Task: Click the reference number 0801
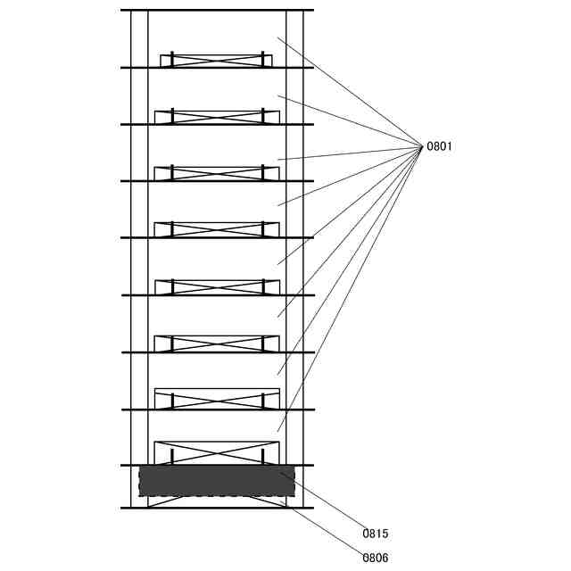(x=439, y=146)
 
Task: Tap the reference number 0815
(x=376, y=534)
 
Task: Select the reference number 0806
(x=376, y=558)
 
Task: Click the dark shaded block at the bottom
(x=217, y=480)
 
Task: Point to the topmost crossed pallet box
(x=216, y=60)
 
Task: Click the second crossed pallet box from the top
(x=217, y=117)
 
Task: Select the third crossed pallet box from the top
(x=217, y=173)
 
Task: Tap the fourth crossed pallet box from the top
(x=217, y=230)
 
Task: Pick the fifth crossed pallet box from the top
(x=217, y=287)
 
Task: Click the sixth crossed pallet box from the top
(x=217, y=343)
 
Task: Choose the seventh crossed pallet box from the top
(x=217, y=399)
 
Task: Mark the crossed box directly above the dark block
(x=217, y=453)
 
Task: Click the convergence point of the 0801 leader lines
(x=421, y=146)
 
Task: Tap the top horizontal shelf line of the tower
(x=217, y=10)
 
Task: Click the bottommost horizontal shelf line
(x=217, y=508)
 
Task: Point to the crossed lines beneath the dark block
(x=217, y=501)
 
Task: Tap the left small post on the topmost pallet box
(x=171, y=58)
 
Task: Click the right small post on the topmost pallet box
(x=262, y=58)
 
